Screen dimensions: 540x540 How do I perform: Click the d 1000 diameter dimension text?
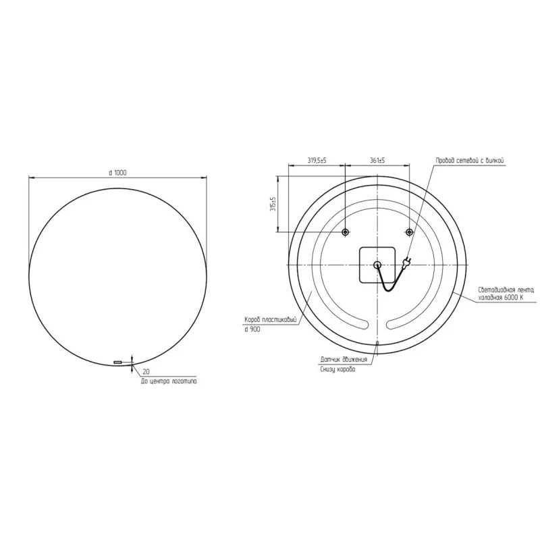[x=117, y=173]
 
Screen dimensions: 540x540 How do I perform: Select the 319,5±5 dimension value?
[x=317, y=160]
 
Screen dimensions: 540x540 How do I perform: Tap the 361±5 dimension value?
[x=377, y=160]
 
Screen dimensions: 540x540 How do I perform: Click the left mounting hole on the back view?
[x=345, y=232]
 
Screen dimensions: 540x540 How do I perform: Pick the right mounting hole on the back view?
[x=409, y=232]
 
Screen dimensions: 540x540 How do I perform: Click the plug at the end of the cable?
[x=406, y=263]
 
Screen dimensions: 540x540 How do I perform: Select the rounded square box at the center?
[x=377, y=265]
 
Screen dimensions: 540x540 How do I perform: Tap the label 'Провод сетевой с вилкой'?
[x=470, y=160]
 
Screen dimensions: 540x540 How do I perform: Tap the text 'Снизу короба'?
[x=337, y=370]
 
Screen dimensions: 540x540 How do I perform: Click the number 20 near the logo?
[x=146, y=372]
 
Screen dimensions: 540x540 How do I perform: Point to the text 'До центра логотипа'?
[x=169, y=381]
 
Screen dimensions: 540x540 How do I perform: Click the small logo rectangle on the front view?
[x=118, y=362]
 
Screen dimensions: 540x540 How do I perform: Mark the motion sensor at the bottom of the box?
[x=377, y=344]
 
